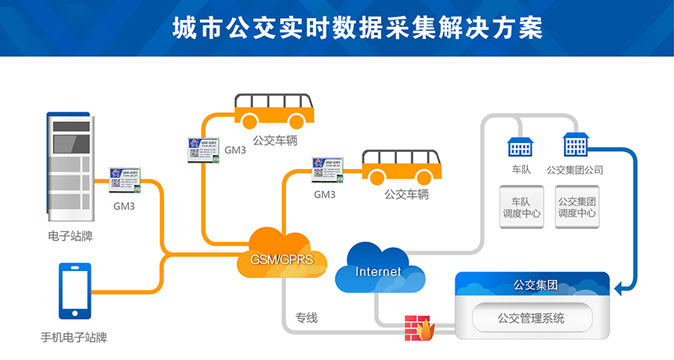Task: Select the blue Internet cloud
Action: point(378,269)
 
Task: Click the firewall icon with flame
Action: point(419,328)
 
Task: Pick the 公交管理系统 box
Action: point(531,319)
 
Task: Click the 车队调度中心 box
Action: point(521,207)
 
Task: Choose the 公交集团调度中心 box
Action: point(577,207)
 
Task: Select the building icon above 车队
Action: point(520,147)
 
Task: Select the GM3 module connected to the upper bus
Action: point(202,147)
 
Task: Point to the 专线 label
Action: point(306,318)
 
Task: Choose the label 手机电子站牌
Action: point(73,338)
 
